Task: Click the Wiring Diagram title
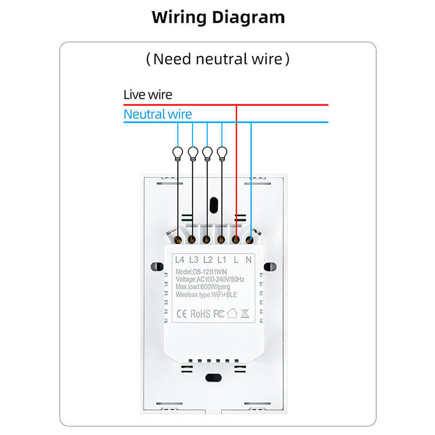(x=218, y=17)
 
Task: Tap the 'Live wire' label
(x=147, y=95)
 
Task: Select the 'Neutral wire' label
(x=157, y=114)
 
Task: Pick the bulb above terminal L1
(x=221, y=153)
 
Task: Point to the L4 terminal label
(x=181, y=260)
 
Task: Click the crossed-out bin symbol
(x=245, y=313)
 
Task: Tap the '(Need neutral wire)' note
(x=217, y=59)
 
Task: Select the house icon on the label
(x=232, y=313)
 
